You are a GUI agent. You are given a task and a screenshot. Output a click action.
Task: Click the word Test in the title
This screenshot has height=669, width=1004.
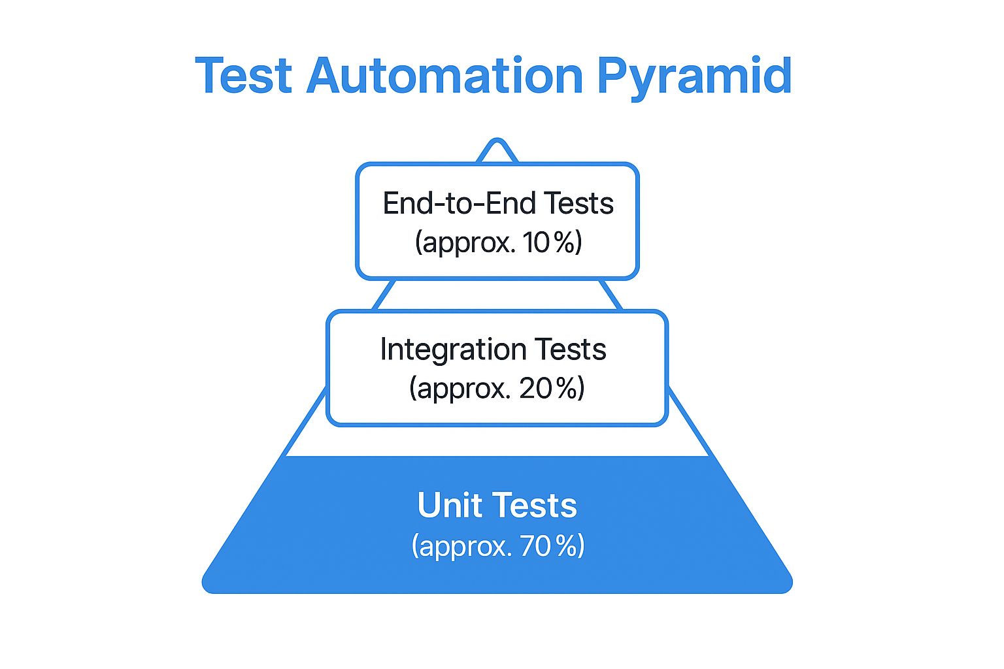(x=243, y=76)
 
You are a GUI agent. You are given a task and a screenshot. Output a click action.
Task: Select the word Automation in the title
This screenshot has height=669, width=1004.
(x=444, y=76)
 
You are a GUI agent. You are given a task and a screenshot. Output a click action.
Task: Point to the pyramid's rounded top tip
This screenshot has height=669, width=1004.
(x=497, y=142)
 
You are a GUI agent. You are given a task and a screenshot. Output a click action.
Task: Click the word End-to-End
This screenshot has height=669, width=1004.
(x=460, y=203)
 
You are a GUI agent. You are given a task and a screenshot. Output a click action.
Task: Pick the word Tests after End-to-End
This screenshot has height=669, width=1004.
(x=579, y=203)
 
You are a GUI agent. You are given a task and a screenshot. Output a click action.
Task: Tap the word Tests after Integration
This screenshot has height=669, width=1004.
(x=571, y=349)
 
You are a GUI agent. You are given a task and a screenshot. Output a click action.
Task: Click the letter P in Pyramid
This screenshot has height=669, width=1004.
(x=612, y=76)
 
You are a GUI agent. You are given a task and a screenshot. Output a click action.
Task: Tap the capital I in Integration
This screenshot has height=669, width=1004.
(x=384, y=349)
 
